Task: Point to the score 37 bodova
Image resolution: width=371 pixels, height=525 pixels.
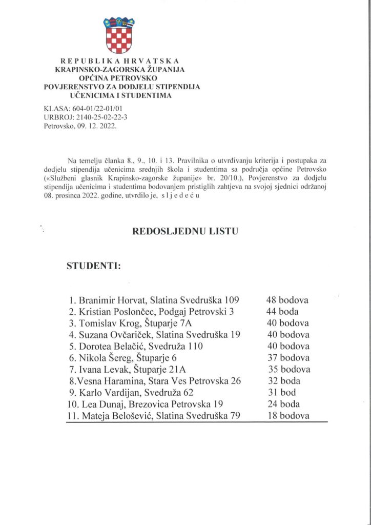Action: pyautogui.click(x=288, y=358)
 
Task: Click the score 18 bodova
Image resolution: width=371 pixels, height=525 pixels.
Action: pyautogui.click(x=288, y=415)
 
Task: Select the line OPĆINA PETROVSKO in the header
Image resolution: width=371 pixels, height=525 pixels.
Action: pyautogui.click(x=119, y=77)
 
